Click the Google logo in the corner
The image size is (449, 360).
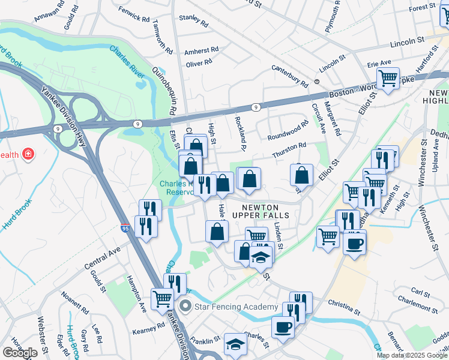click(x=20, y=353)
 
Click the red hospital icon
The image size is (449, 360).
click(x=28, y=155)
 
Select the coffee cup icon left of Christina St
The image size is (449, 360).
click(x=283, y=327)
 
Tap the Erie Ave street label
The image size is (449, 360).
click(x=379, y=62)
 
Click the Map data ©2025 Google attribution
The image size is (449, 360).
click(x=412, y=355)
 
